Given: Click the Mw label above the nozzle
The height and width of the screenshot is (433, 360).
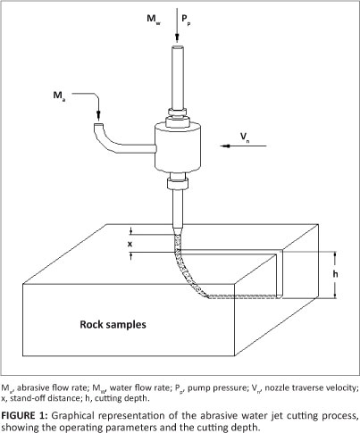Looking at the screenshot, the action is tap(154, 20).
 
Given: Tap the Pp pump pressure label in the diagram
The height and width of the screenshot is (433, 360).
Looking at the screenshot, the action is tap(186, 20).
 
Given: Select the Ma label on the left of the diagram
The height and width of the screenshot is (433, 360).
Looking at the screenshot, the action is tap(59, 96).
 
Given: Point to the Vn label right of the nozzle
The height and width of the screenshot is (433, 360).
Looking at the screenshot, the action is tap(246, 137).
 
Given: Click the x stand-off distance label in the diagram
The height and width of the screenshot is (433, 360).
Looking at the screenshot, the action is tap(130, 245).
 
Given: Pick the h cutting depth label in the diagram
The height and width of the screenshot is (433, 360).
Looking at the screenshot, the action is tap(336, 273).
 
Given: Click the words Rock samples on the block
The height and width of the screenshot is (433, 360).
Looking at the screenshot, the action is tap(113, 324).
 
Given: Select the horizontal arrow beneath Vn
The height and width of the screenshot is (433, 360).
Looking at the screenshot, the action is tap(243, 146).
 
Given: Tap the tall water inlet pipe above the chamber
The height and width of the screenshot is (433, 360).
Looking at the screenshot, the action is tap(177, 78).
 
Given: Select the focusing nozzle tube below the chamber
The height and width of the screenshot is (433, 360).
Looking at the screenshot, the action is tap(178, 210).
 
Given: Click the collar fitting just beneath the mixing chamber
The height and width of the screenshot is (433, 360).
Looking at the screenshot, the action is tap(178, 181).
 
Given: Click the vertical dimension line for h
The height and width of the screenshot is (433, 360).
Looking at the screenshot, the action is tap(336, 275).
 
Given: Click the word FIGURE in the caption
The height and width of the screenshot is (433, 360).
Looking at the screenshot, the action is tap(18, 415).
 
